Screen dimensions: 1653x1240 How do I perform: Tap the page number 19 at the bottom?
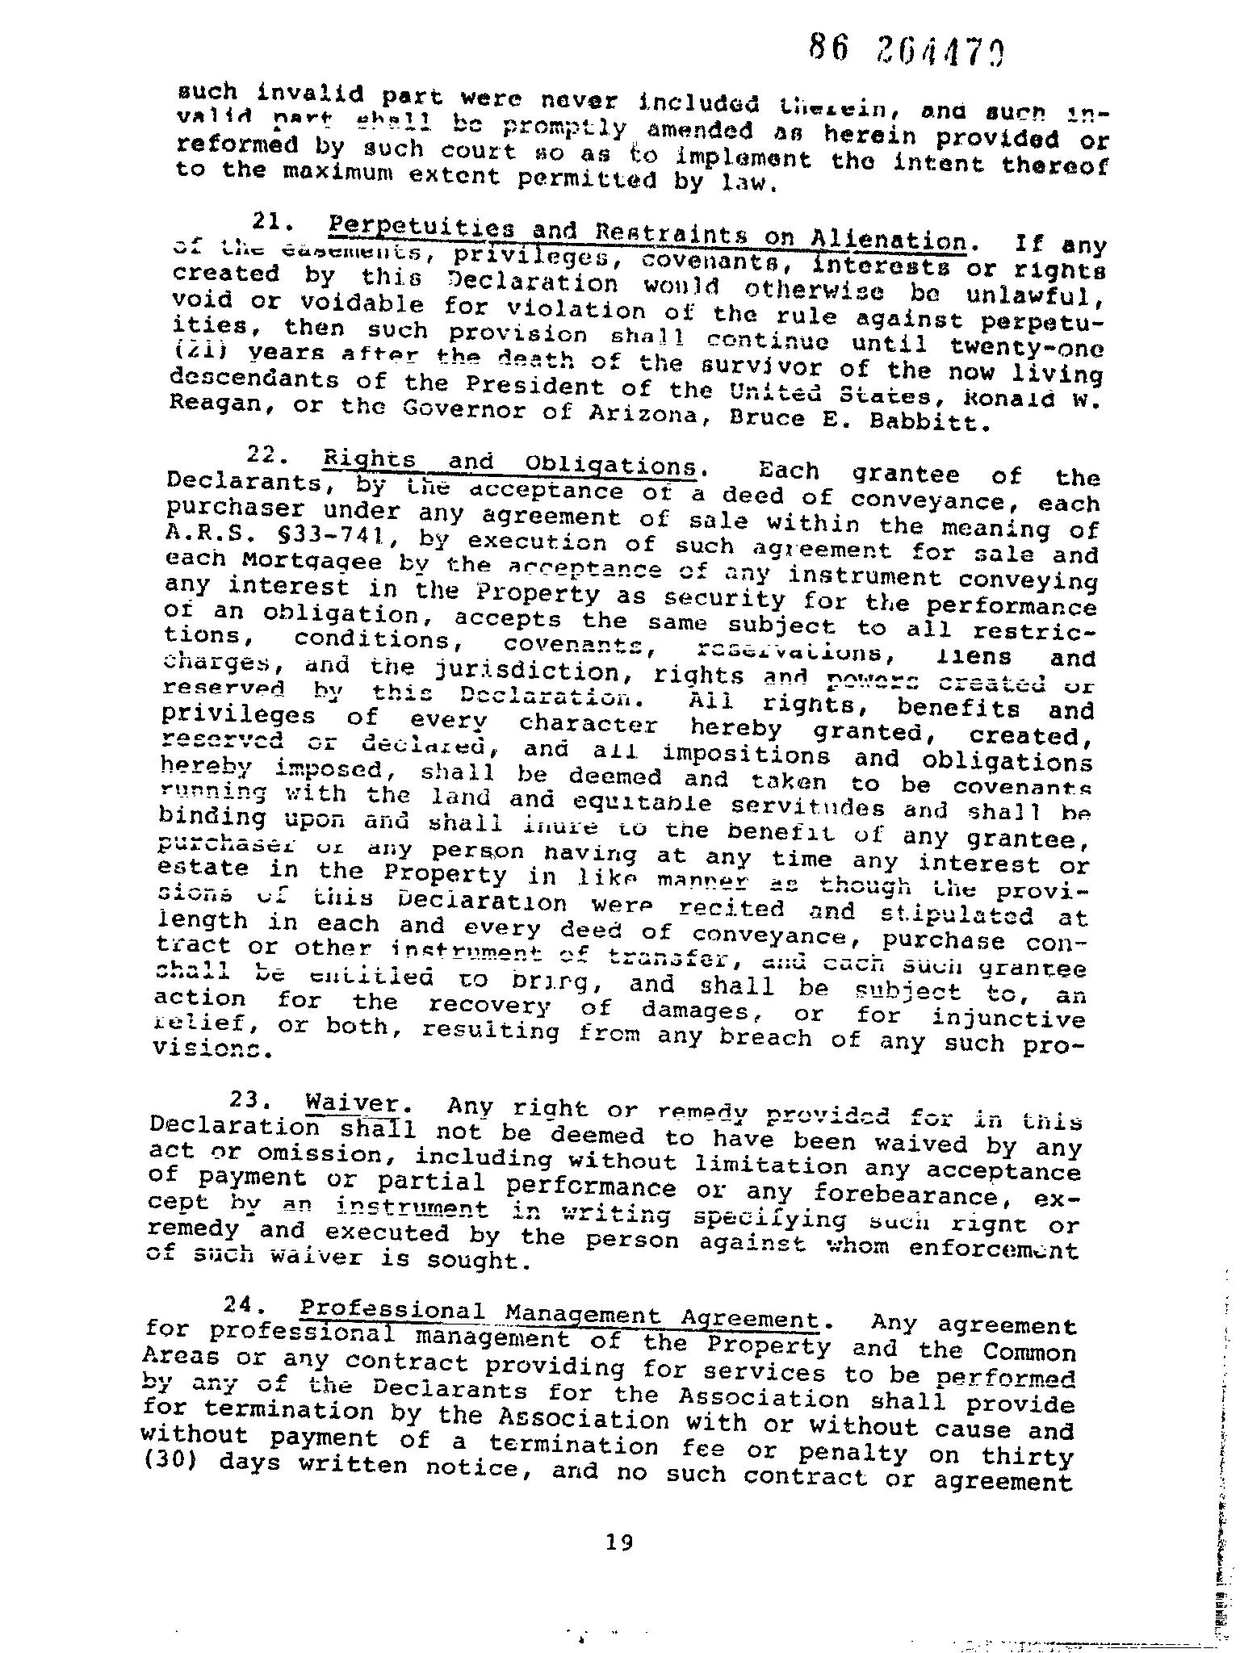(619, 1543)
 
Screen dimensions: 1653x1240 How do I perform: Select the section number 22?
(264, 455)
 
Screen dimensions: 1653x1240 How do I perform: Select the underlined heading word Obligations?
(611, 466)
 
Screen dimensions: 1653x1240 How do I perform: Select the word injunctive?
(1008, 1018)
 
